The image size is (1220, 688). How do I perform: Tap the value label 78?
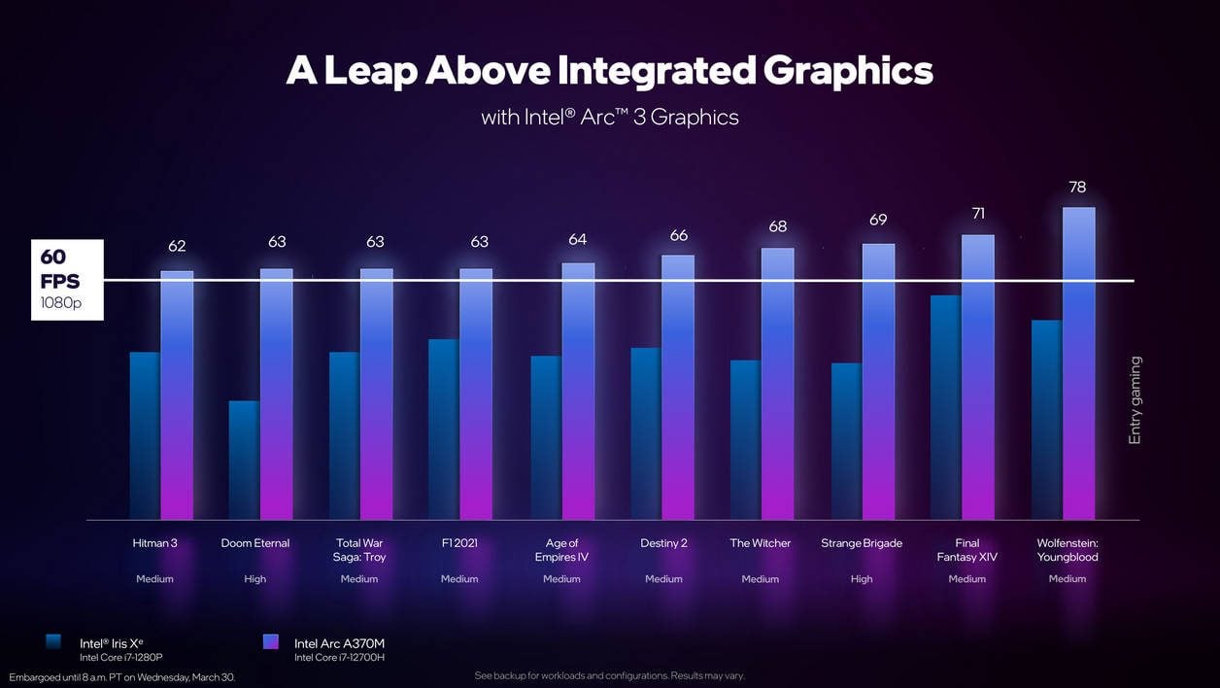click(x=1077, y=187)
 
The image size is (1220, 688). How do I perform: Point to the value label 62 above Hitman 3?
click(x=177, y=247)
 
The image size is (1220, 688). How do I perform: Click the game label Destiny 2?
click(x=663, y=543)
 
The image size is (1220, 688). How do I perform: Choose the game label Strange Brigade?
click(x=861, y=543)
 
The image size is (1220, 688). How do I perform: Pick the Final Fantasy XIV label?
click(x=966, y=550)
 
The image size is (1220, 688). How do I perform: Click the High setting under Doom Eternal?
click(x=254, y=579)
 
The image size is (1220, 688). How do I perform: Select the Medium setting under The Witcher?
click(x=760, y=579)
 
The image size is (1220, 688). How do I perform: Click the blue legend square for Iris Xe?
click(x=53, y=641)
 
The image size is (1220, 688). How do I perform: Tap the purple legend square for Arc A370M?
click(x=271, y=641)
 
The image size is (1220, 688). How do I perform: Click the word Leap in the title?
click(x=369, y=71)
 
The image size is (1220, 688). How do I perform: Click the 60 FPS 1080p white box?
click(x=67, y=280)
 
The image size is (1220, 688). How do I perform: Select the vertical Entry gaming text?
click(x=1135, y=400)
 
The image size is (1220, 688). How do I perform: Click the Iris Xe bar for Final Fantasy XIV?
click(x=945, y=407)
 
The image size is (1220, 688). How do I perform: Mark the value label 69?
click(x=878, y=220)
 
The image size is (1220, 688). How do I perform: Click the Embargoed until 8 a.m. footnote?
click(x=121, y=676)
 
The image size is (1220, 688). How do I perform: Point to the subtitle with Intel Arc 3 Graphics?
click(x=610, y=118)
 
